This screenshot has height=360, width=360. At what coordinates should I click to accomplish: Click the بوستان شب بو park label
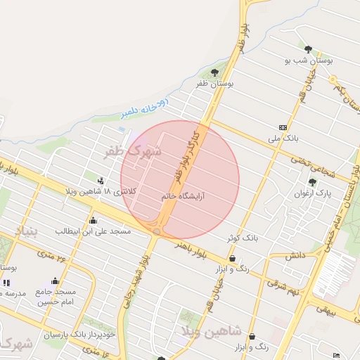[x=308, y=61]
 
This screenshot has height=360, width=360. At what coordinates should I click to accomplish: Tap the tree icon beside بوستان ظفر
[x=214, y=72]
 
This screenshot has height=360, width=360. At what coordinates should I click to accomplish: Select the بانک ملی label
[x=284, y=139]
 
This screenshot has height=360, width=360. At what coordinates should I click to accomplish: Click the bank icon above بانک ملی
[x=283, y=127]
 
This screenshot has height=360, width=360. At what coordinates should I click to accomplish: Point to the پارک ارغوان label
[x=312, y=193]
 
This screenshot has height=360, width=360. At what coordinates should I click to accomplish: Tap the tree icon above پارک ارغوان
[x=312, y=181]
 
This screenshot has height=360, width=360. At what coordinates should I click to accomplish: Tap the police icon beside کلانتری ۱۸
[x=103, y=180]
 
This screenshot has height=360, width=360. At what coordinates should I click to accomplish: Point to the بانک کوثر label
[x=242, y=238]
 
